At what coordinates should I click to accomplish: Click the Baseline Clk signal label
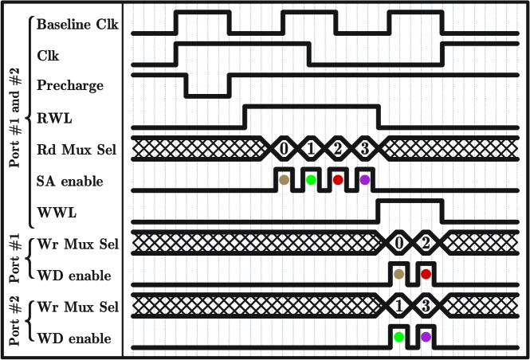coord(77,25)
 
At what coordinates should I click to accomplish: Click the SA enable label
coord(70,181)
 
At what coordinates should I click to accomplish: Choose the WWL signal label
coord(56,213)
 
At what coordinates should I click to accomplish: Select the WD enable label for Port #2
coord(74,338)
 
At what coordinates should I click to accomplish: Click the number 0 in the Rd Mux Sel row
coord(284,148)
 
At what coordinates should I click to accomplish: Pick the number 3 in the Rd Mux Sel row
coord(364,148)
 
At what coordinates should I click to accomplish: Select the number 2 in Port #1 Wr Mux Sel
coord(426,243)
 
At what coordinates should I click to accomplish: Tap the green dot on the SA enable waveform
coord(311,180)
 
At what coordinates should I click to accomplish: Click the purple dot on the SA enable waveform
coord(365,180)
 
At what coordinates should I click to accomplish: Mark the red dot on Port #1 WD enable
coord(426,274)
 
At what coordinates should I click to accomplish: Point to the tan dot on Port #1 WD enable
coord(399,274)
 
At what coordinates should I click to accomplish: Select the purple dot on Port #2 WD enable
coord(426,337)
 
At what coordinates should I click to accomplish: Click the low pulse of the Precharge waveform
coord(206,95)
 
